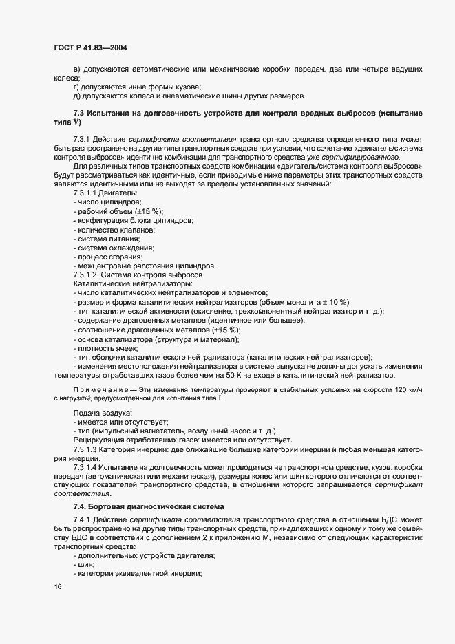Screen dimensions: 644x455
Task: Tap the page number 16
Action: pos(57,586)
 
